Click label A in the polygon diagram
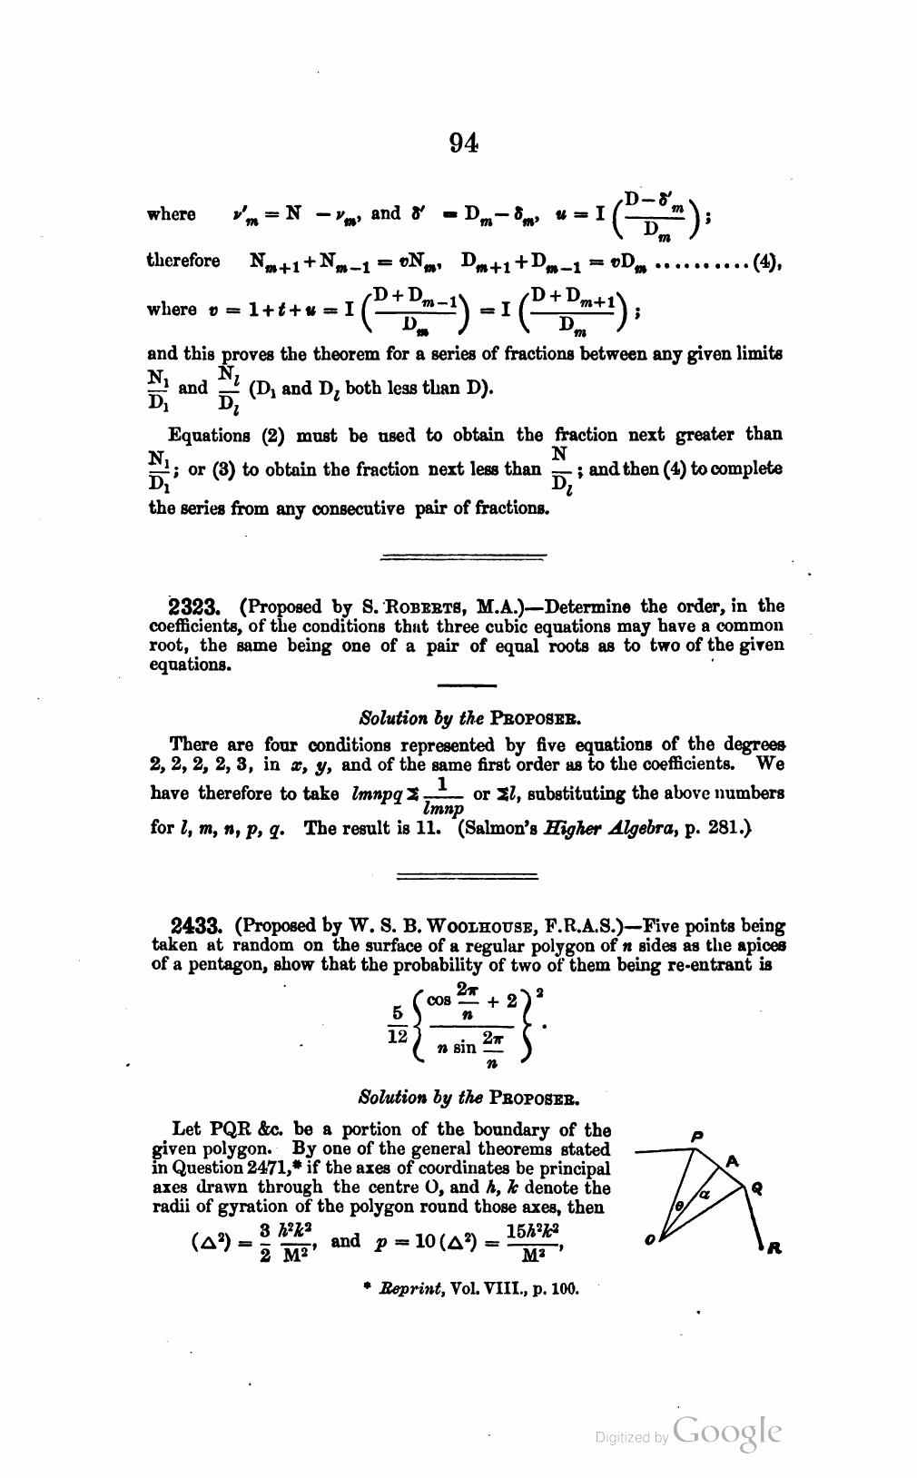click(732, 1160)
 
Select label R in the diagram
click(773, 1250)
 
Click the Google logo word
click(728, 1433)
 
